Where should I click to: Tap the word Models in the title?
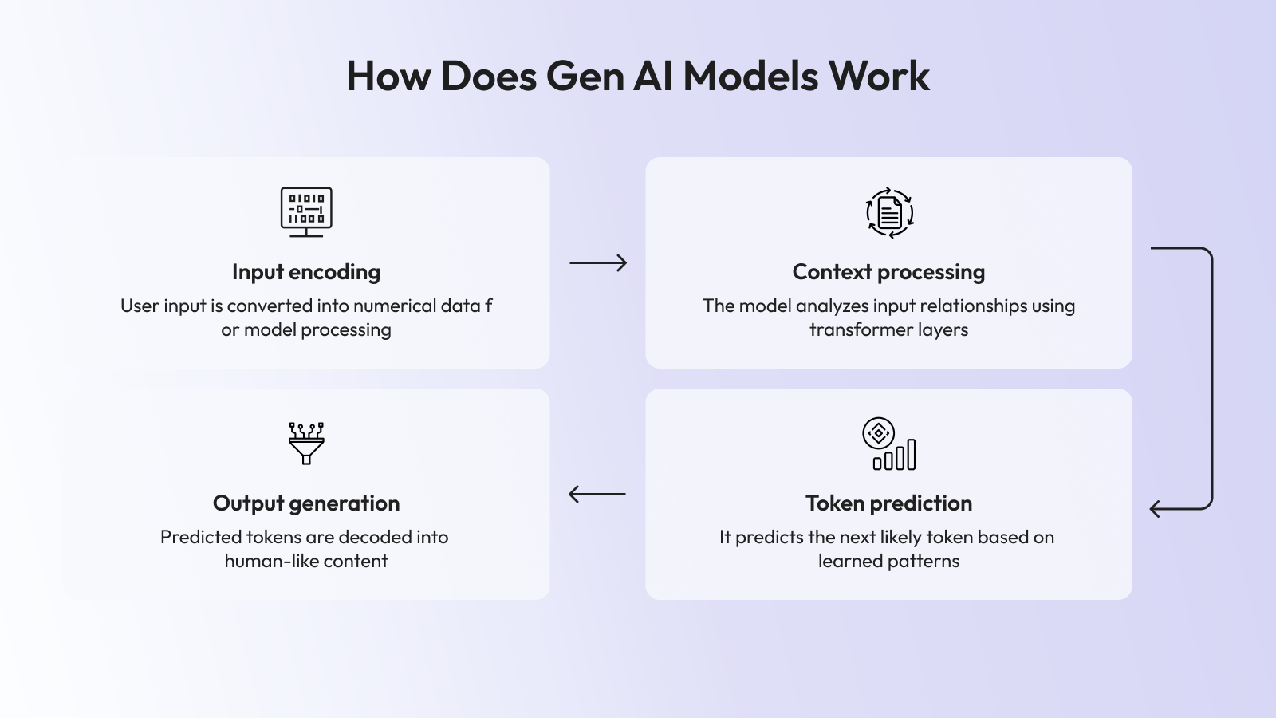point(750,77)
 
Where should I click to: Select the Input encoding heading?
point(306,272)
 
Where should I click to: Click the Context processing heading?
point(888,272)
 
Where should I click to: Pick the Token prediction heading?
point(888,503)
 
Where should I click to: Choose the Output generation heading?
point(306,503)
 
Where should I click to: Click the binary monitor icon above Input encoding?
point(306,211)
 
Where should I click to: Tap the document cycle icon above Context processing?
point(889,213)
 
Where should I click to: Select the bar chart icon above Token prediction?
point(888,444)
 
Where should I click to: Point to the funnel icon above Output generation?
point(306,443)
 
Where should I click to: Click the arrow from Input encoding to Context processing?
point(598,262)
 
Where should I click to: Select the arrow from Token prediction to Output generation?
point(597,494)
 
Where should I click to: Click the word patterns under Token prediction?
point(923,562)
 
